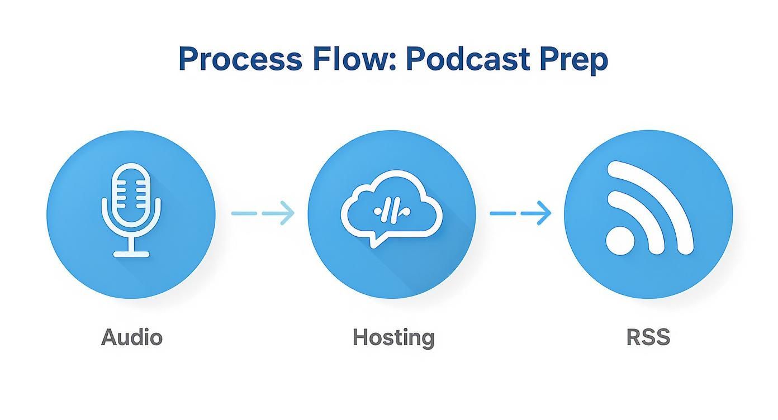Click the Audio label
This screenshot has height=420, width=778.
[132, 337]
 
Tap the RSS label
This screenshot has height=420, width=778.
[648, 337]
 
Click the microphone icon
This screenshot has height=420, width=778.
[131, 209]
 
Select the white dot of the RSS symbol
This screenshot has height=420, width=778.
[620, 241]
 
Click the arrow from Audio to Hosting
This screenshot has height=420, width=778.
[263, 213]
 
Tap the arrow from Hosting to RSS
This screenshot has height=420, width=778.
[520, 213]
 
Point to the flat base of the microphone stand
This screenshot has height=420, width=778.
[131, 254]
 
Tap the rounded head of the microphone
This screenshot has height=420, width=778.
[131, 193]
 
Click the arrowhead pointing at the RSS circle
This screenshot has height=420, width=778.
[543, 213]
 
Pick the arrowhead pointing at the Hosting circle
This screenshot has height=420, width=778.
[286, 213]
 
